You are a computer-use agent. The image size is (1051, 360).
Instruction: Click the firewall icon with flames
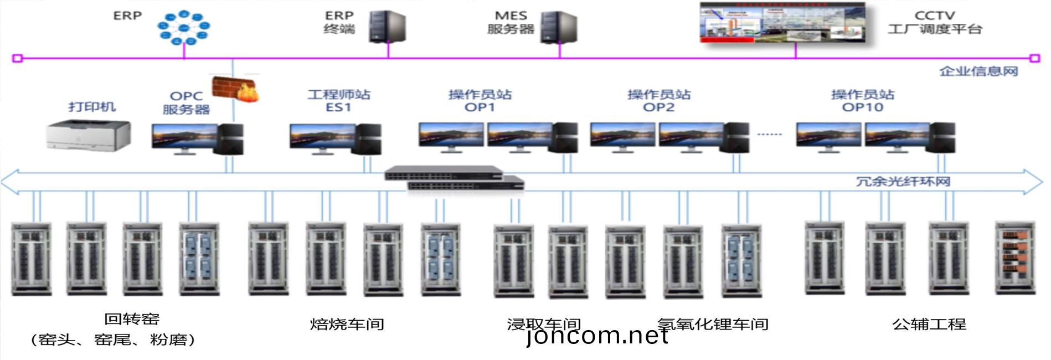click(x=236, y=89)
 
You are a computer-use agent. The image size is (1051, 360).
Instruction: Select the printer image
click(x=89, y=135)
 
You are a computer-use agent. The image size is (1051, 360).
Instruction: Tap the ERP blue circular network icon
click(x=184, y=28)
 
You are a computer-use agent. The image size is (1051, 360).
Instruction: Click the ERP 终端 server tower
click(x=387, y=27)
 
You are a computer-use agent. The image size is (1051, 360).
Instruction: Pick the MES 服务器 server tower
click(x=559, y=27)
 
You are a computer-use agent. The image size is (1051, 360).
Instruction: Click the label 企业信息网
click(x=978, y=71)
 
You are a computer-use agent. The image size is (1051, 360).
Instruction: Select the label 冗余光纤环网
click(x=903, y=182)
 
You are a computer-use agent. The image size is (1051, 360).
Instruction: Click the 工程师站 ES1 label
click(x=339, y=101)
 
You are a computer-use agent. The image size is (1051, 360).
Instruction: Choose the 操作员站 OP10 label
click(x=862, y=101)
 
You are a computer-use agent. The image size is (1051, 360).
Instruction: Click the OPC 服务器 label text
click(x=186, y=103)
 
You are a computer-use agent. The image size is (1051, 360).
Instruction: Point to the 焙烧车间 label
click(x=347, y=324)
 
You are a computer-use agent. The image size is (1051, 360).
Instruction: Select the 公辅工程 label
click(x=929, y=324)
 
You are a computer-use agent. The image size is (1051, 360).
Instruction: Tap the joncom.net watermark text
click(x=597, y=336)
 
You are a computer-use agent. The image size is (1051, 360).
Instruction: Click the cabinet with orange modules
click(x=1014, y=258)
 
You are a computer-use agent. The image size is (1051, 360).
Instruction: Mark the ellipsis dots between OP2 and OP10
click(x=769, y=135)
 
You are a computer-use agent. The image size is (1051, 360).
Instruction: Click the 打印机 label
click(x=92, y=106)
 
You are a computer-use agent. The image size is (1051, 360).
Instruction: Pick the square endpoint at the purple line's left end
click(x=17, y=58)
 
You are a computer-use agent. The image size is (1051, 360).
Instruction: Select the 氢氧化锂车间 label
click(x=713, y=324)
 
